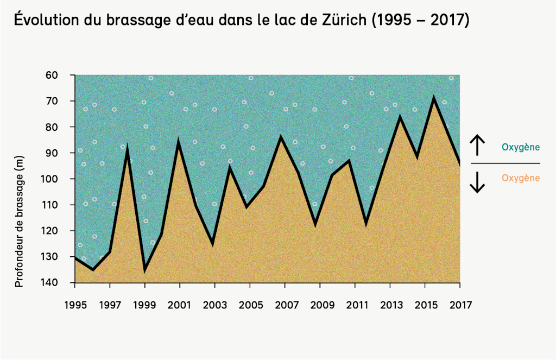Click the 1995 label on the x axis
pyautogui.click(x=75, y=304)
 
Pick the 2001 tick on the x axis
pyautogui.click(x=180, y=304)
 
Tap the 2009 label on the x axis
pyautogui.click(x=320, y=304)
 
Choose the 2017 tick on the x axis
pyautogui.click(x=460, y=304)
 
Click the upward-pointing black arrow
pyautogui.click(x=477, y=145)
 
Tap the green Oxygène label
pyautogui.click(x=521, y=147)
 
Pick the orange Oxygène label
pyautogui.click(x=521, y=178)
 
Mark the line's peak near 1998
pyautogui.click(x=127, y=147)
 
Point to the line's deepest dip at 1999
pyautogui.click(x=145, y=270)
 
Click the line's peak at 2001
pyautogui.click(x=179, y=143)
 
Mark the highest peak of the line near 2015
pyautogui.click(x=433, y=98)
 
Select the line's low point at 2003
pyautogui.click(x=213, y=243)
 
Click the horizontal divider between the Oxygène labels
pyautogui.click(x=506, y=163)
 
